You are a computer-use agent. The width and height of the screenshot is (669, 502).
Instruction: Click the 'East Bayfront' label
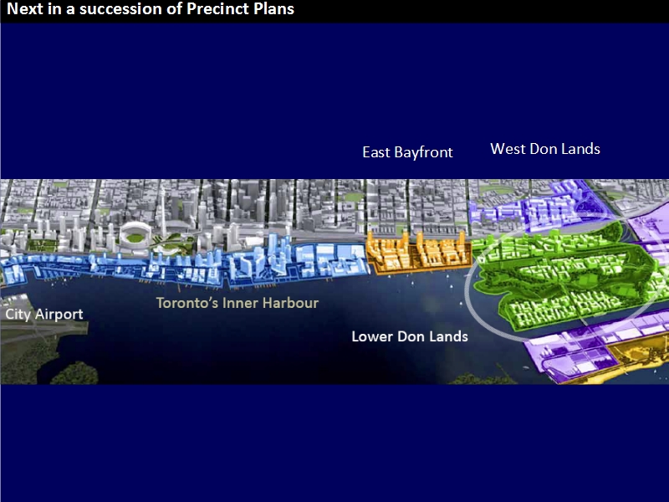[407, 152]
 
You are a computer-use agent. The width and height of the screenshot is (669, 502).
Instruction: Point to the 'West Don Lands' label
[545, 149]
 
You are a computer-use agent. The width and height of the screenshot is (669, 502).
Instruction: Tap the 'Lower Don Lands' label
[410, 336]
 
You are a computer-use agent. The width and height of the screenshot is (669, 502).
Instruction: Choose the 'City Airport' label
[44, 315]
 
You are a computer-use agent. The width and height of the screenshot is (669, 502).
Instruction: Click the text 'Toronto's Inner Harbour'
[237, 303]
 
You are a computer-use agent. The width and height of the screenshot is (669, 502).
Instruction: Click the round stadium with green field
[135, 234]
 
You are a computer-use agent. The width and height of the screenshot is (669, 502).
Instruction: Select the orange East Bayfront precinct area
[419, 253]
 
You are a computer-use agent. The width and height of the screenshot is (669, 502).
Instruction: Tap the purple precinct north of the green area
[538, 205]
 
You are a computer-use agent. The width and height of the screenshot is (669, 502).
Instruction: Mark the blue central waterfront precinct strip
[183, 264]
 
